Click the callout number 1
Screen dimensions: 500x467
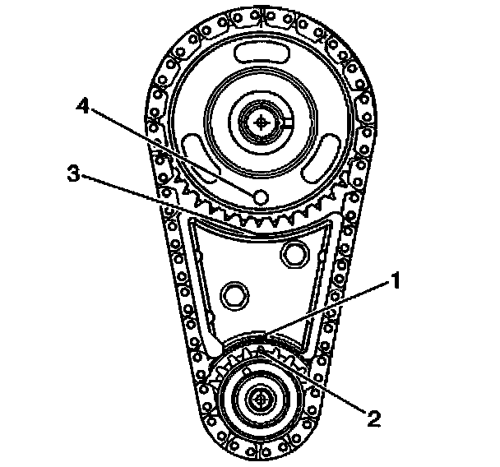click(396, 281)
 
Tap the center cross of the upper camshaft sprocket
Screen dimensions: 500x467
click(262, 121)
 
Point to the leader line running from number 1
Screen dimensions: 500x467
click(329, 308)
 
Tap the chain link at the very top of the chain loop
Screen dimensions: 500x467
click(262, 15)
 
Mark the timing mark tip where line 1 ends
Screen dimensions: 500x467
click(262, 335)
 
